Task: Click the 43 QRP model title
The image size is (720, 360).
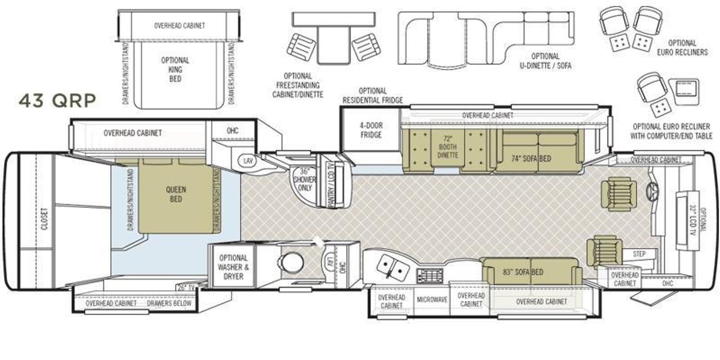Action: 57,101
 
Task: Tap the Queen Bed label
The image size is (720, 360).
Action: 176,194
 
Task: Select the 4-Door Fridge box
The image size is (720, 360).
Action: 371,130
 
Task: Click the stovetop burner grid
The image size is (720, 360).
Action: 430,275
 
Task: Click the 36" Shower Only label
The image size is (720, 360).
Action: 304,180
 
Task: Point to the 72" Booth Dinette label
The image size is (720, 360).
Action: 448,147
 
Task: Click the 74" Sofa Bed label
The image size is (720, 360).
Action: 531,158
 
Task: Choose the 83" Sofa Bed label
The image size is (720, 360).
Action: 523,272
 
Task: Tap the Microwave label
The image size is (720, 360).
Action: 432,300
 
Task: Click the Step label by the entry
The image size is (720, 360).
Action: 639,254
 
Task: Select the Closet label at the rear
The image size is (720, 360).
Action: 45,219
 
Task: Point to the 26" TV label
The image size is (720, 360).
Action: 186,288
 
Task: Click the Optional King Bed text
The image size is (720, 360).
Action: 175,69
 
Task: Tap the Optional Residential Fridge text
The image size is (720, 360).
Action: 373,95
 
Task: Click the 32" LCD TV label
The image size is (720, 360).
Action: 693,220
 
